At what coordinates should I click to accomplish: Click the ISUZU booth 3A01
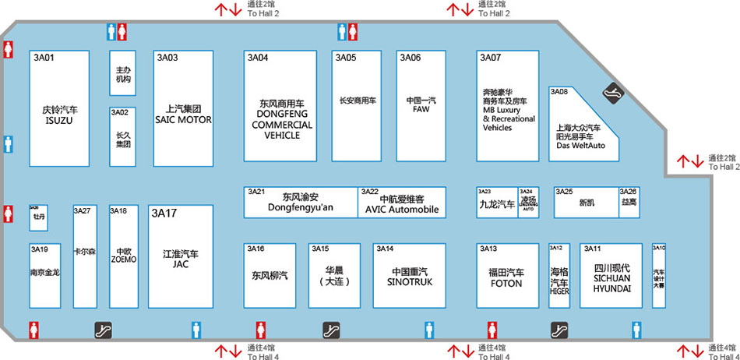point(59,108)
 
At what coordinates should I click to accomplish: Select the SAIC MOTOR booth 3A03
point(184,109)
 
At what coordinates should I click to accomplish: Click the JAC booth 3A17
point(181,258)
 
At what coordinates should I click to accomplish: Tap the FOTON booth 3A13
point(507,275)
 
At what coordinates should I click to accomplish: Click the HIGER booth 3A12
point(559,275)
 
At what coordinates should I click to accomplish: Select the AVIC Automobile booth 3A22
point(401,202)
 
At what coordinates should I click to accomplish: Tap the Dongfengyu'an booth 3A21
point(301,202)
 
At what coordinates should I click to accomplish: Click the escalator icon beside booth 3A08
point(614,91)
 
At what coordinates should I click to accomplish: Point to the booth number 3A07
point(491,58)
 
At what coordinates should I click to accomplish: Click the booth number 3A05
point(346,58)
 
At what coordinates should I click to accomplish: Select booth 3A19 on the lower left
point(44,275)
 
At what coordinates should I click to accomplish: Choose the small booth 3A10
point(659,275)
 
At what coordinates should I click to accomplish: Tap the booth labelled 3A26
point(629,203)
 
